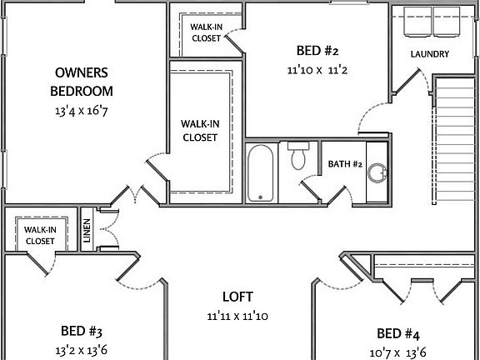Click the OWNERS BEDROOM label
pyautogui.click(x=84, y=82)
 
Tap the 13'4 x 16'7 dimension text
pyautogui.click(x=84, y=110)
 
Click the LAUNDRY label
pyautogui.click(x=430, y=55)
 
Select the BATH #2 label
pyautogui.click(x=344, y=164)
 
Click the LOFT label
pyautogui.click(x=237, y=297)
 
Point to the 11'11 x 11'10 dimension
pyautogui.click(x=237, y=317)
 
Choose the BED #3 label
pyautogui.click(x=82, y=330)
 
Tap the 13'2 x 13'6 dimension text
pyautogui.click(x=82, y=350)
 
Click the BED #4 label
pyautogui.click(x=398, y=334)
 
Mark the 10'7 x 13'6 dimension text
pyautogui.click(x=398, y=352)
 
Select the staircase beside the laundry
pyautogui.click(x=454, y=140)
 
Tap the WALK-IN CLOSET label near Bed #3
pyautogui.click(x=39, y=235)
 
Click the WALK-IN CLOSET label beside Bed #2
pyautogui.click(x=206, y=32)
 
